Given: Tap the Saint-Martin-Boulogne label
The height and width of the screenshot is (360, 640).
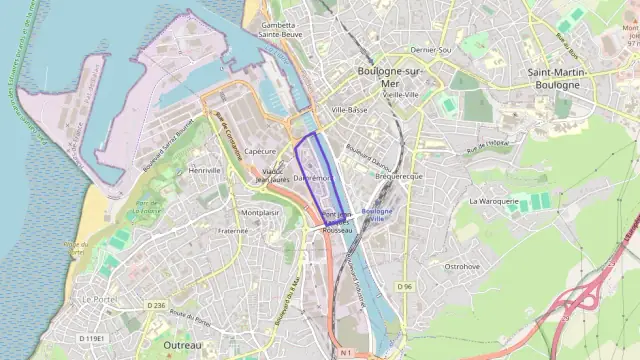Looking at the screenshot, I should (562, 79).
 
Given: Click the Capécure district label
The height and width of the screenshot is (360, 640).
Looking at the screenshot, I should (259, 151).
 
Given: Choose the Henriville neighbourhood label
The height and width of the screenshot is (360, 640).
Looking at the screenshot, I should (204, 171).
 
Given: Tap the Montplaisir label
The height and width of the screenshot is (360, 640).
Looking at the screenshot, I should (260, 213).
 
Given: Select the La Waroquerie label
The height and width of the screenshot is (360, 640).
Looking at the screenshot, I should (494, 201).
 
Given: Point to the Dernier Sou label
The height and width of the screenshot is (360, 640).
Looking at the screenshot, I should (431, 50).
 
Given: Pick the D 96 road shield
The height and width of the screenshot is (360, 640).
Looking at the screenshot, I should (404, 287).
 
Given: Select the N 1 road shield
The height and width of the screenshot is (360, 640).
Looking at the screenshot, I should (345, 353).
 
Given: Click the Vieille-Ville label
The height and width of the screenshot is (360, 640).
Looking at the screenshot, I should (398, 94).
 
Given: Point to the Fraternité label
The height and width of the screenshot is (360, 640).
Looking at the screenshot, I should (233, 231).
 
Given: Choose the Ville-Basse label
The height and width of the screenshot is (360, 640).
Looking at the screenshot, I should (350, 109).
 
